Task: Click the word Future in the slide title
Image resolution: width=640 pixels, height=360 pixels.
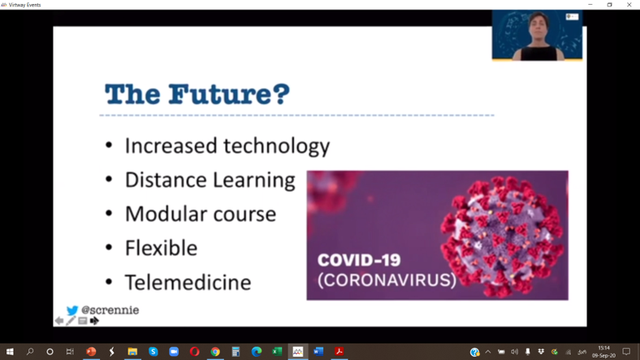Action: tap(229, 94)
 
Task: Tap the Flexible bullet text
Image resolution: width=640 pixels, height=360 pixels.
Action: tap(162, 248)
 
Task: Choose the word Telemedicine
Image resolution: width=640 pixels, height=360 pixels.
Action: tap(188, 282)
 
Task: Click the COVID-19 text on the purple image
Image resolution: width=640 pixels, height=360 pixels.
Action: tap(359, 260)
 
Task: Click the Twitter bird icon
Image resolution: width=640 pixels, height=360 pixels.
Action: tap(73, 310)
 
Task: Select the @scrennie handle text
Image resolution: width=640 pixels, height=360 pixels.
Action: tap(110, 310)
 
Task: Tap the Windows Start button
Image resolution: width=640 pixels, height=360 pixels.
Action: tap(9, 351)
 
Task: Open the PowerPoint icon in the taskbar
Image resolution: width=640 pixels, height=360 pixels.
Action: tap(91, 351)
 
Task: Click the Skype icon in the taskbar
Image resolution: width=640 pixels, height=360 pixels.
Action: tap(153, 351)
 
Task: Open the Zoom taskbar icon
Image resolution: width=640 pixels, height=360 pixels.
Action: tap(174, 351)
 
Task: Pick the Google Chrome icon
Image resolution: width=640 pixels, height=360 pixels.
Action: tap(215, 351)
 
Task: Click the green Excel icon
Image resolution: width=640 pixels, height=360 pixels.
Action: tap(277, 351)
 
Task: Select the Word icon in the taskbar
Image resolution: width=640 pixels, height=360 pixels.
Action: tap(318, 351)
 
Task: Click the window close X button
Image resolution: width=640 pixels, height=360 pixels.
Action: tap(629, 5)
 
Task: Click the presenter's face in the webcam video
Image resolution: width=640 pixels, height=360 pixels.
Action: tap(538, 26)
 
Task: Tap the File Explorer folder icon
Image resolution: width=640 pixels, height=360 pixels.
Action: tap(132, 351)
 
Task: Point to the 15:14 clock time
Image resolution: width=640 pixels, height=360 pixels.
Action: tap(604, 348)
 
